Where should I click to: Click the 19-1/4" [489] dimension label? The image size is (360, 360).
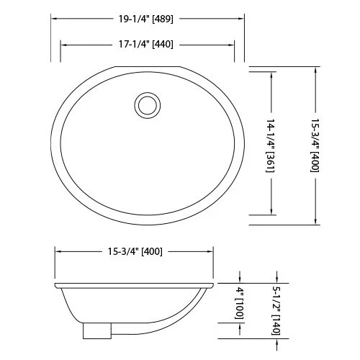tap(146, 19)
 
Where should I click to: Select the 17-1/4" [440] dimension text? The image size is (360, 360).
tap(146, 45)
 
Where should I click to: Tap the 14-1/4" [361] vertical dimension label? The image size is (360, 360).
tap(271, 145)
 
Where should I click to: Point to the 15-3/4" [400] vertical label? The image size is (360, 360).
tap(315, 145)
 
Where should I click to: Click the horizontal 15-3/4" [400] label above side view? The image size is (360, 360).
tap(135, 251)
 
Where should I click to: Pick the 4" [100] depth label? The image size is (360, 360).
tap(239, 303)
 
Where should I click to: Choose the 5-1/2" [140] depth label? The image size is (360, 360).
tap(276, 311)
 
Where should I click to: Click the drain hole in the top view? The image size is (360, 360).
tap(148, 105)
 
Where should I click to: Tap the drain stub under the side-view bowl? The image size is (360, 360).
tap(97, 330)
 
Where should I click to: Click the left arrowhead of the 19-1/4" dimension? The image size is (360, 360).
tap(54, 19)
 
